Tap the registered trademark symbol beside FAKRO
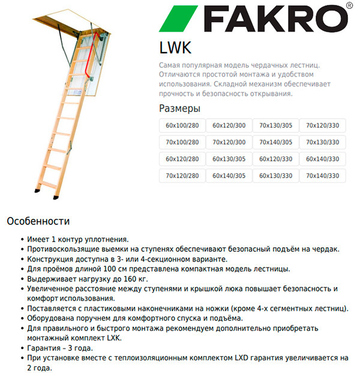point(349,8)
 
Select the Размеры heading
point(179,109)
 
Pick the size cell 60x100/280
point(182,125)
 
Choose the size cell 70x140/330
point(322,176)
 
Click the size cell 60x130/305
point(229,159)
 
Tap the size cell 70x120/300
point(229,142)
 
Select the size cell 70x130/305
point(275,125)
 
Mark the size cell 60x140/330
point(322,159)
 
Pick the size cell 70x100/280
point(182,142)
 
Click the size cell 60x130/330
point(275,176)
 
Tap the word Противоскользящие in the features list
point(64,249)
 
